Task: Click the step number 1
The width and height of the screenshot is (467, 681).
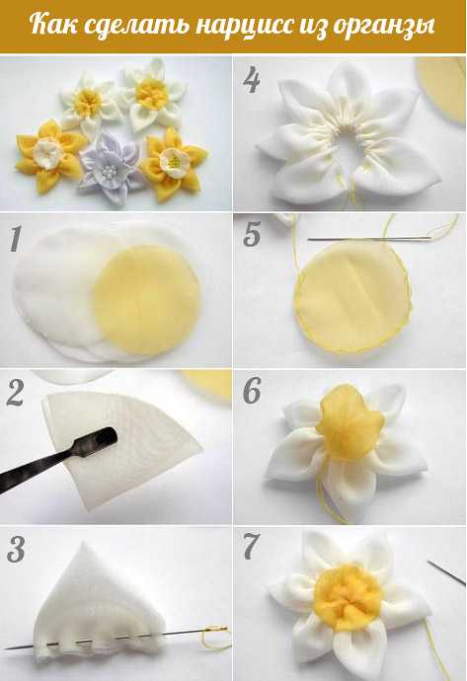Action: pos(15,239)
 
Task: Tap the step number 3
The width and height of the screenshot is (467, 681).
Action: pos(16,550)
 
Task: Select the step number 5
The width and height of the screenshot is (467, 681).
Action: pos(252,235)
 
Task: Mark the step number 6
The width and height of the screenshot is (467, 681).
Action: pos(252,390)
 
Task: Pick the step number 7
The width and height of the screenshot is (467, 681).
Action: pos(252,546)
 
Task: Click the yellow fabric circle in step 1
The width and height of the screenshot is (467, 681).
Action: pos(147,296)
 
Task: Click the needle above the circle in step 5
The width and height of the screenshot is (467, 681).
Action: pos(369,239)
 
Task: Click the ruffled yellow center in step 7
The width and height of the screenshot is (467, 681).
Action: pos(349,595)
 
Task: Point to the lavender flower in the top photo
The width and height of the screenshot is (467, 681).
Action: pos(110,167)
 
